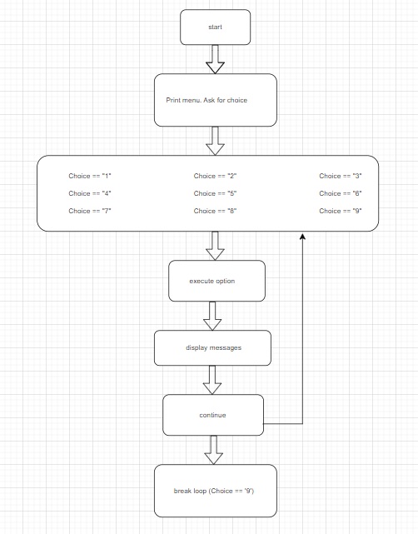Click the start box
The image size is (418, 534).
click(215, 27)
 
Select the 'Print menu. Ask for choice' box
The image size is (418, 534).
click(215, 100)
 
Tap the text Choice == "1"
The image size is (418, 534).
click(90, 176)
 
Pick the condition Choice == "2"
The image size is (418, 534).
click(216, 176)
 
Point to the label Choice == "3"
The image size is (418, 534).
click(341, 176)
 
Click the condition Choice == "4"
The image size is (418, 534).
click(90, 193)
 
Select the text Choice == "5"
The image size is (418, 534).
click(216, 193)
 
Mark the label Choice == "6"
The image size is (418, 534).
click(341, 193)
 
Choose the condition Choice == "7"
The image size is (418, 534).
click(90, 211)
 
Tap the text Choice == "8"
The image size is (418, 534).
click(216, 211)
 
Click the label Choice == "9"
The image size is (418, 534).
click(341, 211)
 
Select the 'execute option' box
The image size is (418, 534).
click(216, 281)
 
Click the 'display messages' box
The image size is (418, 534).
click(213, 347)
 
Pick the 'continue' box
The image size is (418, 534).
click(213, 415)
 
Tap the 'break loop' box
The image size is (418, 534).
click(215, 491)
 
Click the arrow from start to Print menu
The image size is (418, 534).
click(215, 58)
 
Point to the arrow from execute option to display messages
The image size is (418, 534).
click(214, 315)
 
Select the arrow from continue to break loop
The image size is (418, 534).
click(213, 450)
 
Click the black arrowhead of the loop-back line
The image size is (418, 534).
click(302, 238)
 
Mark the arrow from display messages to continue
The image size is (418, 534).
click(213, 380)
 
